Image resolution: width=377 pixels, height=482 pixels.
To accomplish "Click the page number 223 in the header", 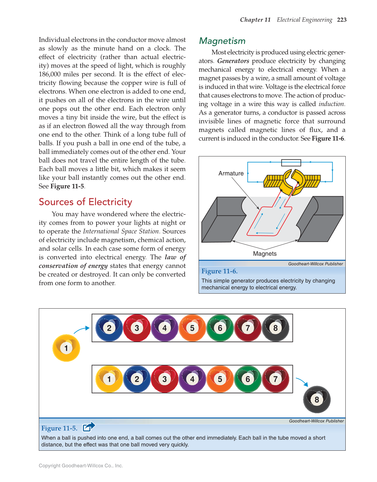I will [x=342, y=20].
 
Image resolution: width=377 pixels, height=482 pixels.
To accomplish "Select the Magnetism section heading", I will [x=222, y=41].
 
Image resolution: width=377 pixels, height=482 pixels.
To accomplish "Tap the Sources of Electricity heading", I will [x=85, y=202].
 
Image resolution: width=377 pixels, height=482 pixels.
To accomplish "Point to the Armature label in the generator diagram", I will [x=231, y=173].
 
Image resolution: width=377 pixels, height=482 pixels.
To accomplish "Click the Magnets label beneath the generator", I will [x=264, y=254].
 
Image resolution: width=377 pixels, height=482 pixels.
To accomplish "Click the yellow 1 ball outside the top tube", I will [x=66, y=348].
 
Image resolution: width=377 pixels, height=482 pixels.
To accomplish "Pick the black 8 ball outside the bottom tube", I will [x=317, y=399].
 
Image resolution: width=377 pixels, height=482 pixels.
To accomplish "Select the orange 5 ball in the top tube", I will [x=192, y=328].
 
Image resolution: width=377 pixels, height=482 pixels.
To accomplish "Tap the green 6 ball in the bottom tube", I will [x=248, y=379].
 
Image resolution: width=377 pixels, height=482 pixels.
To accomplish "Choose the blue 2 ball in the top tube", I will [x=109, y=328].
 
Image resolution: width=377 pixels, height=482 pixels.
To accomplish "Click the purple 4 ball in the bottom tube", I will [x=192, y=379].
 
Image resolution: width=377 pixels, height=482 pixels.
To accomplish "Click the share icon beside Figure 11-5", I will [x=89, y=427].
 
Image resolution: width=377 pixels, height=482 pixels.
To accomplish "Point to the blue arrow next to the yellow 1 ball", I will [x=82, y=329].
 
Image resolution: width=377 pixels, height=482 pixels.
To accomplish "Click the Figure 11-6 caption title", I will [x=219, y=271].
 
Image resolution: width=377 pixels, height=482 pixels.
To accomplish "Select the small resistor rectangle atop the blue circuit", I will [x=291, y=163].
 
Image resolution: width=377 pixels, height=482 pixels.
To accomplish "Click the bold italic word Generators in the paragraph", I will [x=233, y=61].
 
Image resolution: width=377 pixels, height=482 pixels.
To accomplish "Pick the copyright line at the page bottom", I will [x=81, y=466].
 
